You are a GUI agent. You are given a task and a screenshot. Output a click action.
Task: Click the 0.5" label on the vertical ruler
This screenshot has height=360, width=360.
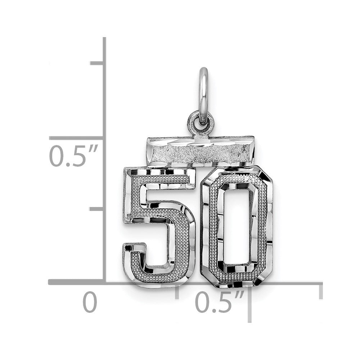tap(74, 156)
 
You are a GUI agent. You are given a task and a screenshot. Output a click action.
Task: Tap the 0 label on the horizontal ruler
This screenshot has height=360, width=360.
tap(90, 302)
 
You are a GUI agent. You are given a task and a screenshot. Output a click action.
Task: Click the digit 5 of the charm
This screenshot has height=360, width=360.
tap(159, 226)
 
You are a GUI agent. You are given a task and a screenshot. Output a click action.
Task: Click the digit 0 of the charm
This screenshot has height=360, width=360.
tap(237, 226)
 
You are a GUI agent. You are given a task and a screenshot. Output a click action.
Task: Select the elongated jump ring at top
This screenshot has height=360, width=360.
tap(203, 96)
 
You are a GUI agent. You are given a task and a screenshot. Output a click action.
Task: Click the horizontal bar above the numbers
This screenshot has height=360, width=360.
tap(201, 152)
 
